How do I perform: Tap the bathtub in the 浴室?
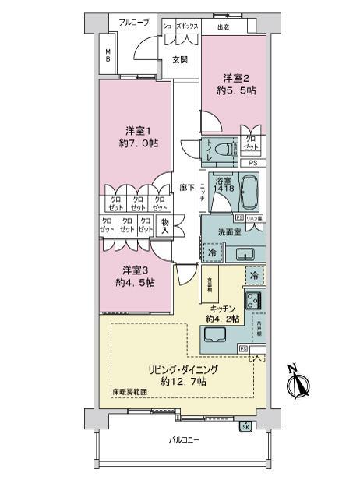coord(248,192)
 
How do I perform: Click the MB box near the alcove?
coord(108,56)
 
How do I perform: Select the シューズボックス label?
coord(181,26)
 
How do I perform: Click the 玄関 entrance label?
coord(180,59)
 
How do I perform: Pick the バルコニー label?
coord(185,440)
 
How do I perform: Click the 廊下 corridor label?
coord(185,188)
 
